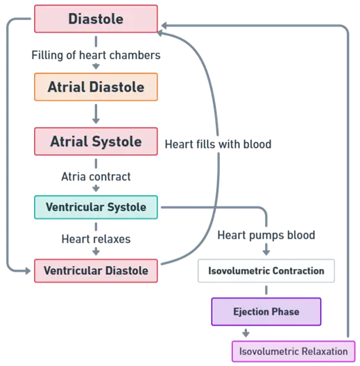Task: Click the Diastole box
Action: coord(96,19)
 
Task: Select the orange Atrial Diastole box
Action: coord(96,87)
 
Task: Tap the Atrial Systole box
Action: coord(96,141)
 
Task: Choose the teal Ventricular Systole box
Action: coord(96,207)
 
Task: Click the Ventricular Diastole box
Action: coord(96,270)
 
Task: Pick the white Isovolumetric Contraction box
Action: coord(266,270)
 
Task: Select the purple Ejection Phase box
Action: coord(266,311)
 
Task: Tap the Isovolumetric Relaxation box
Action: coord(293,351)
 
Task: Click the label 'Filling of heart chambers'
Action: coord(96,55)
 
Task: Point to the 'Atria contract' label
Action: coord(96,177)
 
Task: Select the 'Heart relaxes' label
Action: coord(96,239)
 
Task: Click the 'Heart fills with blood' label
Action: coord(218,144)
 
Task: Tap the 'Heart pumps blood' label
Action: coord(266,235)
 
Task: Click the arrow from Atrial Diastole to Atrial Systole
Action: coord(96,114)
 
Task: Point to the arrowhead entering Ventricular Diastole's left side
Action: coord(28,271)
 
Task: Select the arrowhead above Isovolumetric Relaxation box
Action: coord(246,333)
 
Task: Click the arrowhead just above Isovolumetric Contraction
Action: coord(266,252)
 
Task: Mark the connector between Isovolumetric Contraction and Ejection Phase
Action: coord(266,290)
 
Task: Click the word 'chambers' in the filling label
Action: coord(135,55)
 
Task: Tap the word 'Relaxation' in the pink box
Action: coord(325,351)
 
